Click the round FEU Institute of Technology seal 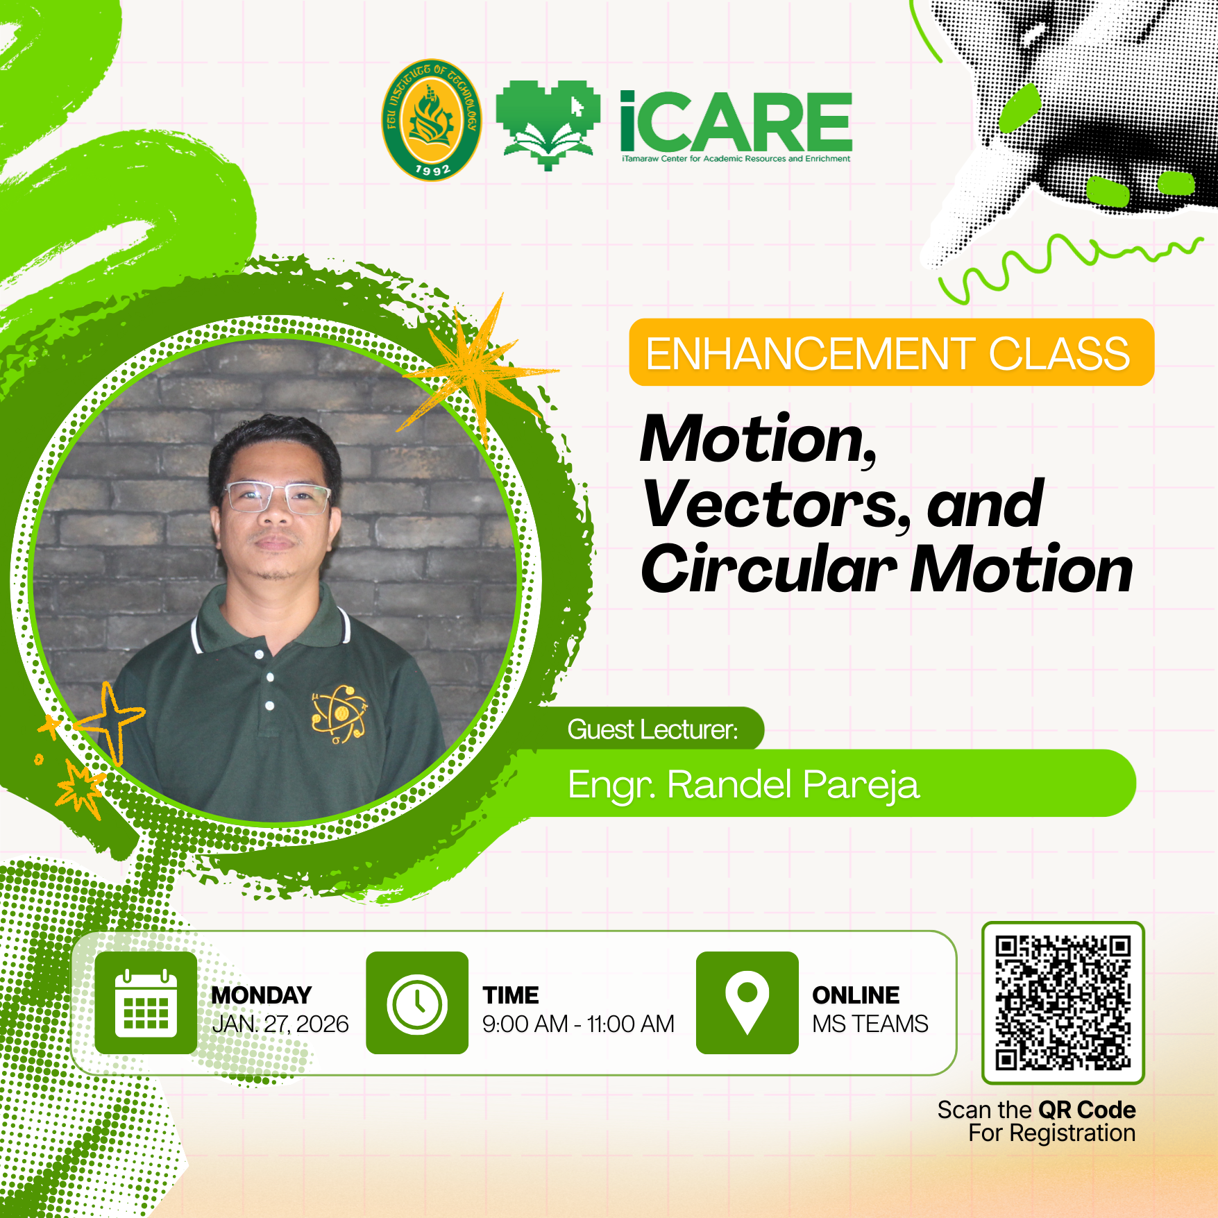pyautogui.click(x=432, y=120)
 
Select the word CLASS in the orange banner pyautogui.click(x=1060, y=353)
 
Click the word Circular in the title pyautogui.click(x=769, y=569)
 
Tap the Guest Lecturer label pyautogui.click(x=652, y=729)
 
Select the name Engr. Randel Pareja pyautogui.click(x=743, y=786)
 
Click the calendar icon pyautogui.click(x=146, y=1003)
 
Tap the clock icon pyautogui.click(x=417, y=1003)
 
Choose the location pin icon pyautogui.click(x=747, y=1003)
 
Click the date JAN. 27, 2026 pyautogui.click(x=280, y=1024)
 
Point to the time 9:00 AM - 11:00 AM pyautogui.click(x=578, y=1024)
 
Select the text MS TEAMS pyautogui.click(x=870, y=1024)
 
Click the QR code pyautogui.click(x=1063, y=1003)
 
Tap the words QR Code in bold pyautogui.click(x=1087, y=1110)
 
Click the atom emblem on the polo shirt pyautogui.click(x=339, y=713)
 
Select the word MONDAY pyautogui.click(x=262, y=995)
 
